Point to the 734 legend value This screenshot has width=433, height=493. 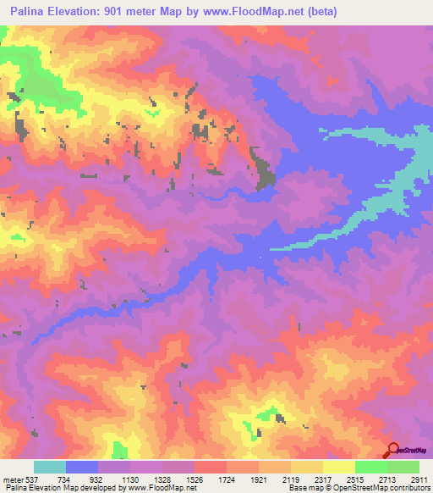click(x=66, y=479)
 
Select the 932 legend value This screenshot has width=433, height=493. click(x=98, y=479)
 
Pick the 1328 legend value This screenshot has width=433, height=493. click(x=162, y=479)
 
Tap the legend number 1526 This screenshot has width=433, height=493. click(x=195, y=479)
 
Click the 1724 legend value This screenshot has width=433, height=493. click(x=227, y=479)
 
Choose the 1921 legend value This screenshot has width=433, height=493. click(x=259, y=479)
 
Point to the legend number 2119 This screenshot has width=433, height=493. click(x=291, y=479)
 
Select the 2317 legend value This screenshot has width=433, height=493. click(x=323, y=479)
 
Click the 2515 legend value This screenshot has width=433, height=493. click(x=355, y=479)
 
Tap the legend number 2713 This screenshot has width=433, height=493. click(x=387, y=479)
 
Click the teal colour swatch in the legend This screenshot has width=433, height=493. click(x=50, y=467)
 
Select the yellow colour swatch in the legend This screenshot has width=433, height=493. click(x=338, y=467)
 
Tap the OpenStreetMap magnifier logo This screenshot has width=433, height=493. click(x=391, y=451)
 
